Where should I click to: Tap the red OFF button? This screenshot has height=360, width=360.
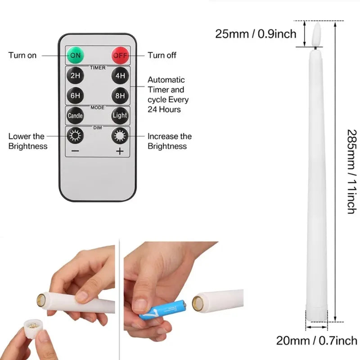(x=120, y=55)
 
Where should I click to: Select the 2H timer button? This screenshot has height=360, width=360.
(x=75, y=76)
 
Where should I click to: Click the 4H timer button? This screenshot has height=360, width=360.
(x=120, y=76)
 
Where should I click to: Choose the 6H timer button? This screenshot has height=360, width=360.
(x=75, y=95)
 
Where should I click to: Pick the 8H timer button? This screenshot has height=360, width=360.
(x=120, y=95)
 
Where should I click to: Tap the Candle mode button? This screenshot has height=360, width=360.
(x=75, y=115)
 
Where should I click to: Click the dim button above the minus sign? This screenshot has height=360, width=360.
(x=75, y=135)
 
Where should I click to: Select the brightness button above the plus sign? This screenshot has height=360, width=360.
(x=120, y=135)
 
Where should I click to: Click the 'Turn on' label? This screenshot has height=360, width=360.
(x=22, y=55)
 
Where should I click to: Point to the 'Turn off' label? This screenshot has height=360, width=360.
(x=162, y=55)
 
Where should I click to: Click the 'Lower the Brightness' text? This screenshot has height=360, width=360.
(x=27, y=141)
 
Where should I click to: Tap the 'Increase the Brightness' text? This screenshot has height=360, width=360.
(x=170, y=141)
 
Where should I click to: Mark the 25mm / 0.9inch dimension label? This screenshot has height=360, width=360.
(x=256, y=34)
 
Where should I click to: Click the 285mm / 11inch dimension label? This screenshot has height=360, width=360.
(x=352, y=171)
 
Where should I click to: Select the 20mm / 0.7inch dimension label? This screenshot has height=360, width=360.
(x=316, y=340)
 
